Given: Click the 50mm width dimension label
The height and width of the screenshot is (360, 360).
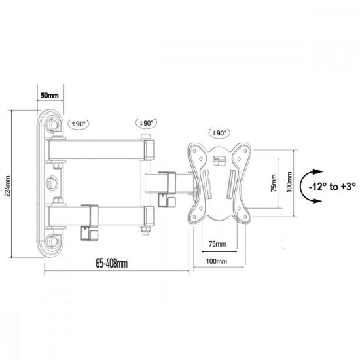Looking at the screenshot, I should click(49, 96).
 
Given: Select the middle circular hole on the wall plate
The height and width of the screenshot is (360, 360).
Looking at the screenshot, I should click(53, 181).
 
